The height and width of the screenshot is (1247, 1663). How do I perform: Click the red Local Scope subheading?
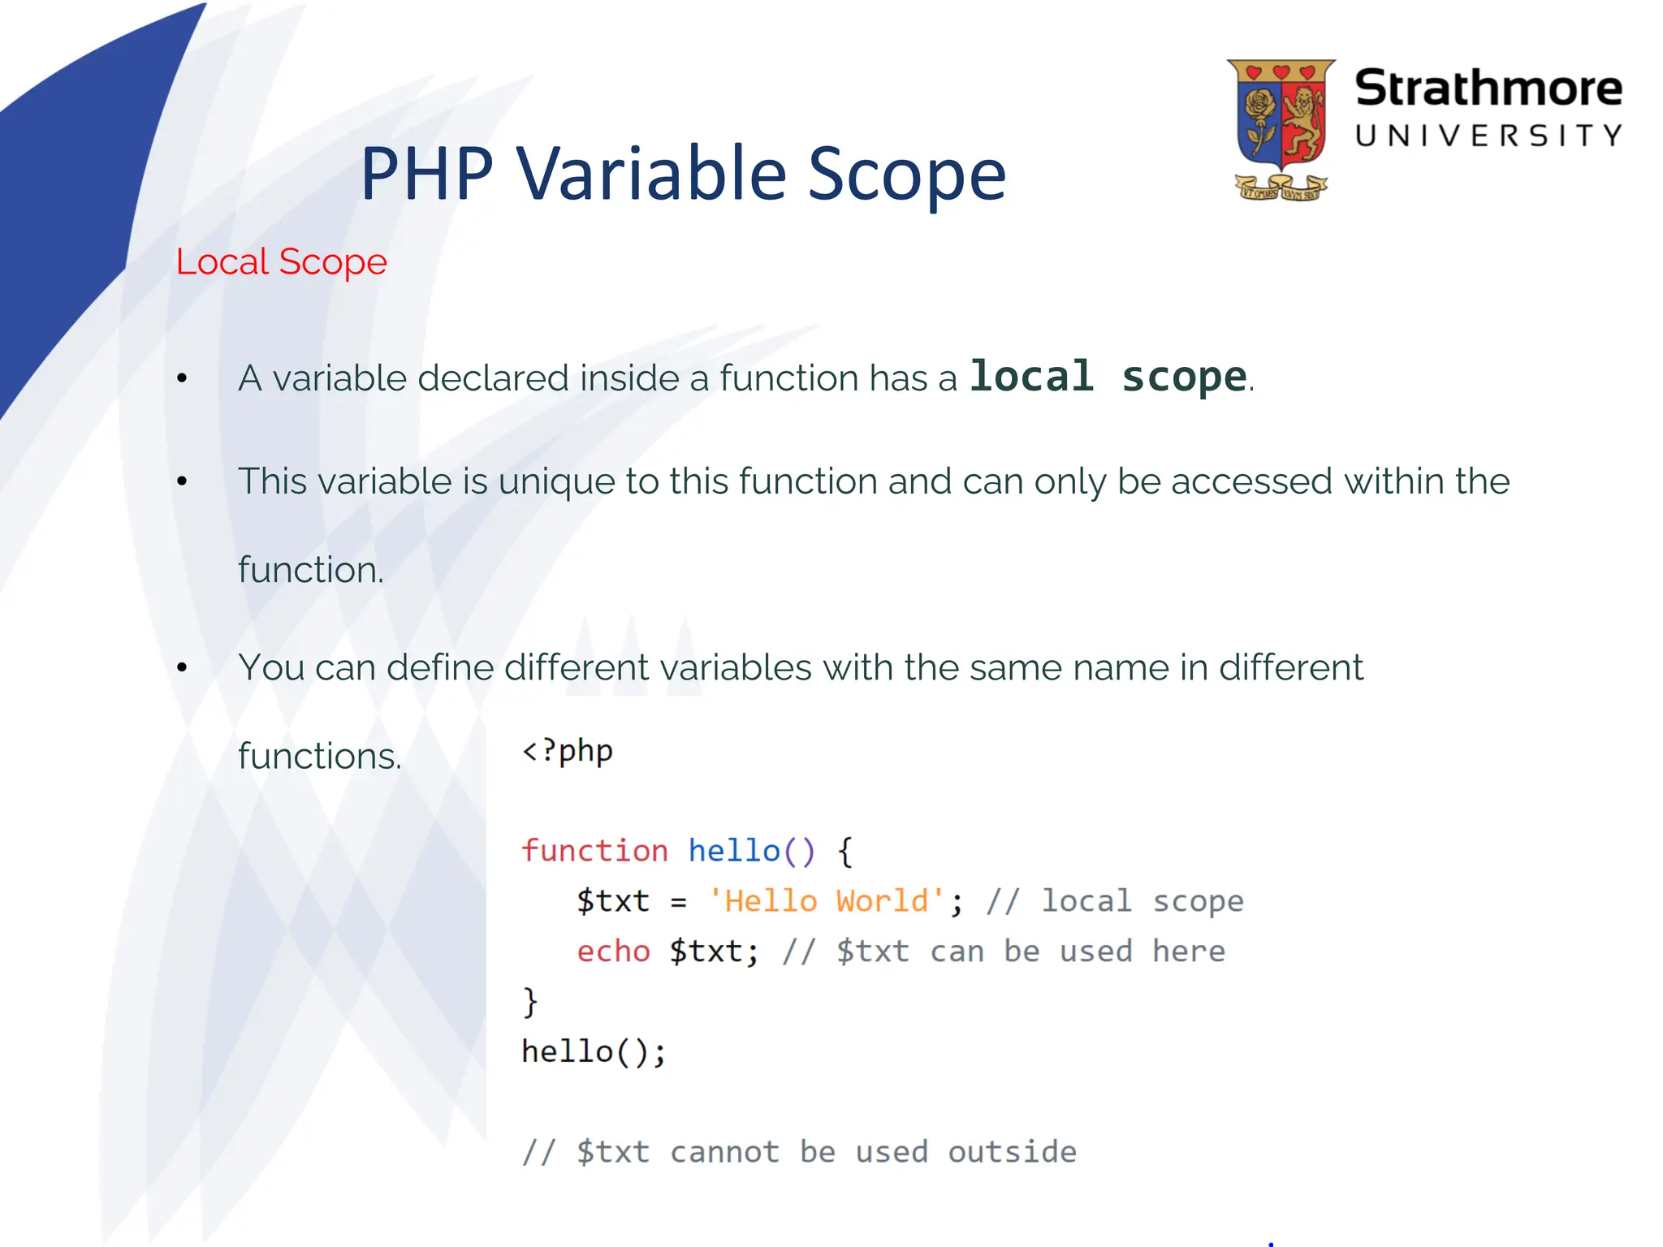click(x=281, y=262)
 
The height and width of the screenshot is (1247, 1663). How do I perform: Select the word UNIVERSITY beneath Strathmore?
click(x=1488, y=136)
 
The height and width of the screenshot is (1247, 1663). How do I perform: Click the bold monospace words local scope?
click(x=1108, y=377)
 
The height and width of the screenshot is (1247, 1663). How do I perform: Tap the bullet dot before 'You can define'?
click(x=182, y=667)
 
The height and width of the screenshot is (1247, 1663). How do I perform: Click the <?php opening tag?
click(x=567, y=751)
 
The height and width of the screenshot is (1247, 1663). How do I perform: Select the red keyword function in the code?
click(x=594, y=851)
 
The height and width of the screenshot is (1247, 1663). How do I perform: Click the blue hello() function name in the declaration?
click(x=750, y=851)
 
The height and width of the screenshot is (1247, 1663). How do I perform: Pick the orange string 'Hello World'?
click(x=826, y=901)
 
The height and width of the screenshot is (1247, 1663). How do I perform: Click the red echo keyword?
click(x=613, y=951)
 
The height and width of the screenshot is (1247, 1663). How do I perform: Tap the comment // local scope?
click(x=1114, y=901)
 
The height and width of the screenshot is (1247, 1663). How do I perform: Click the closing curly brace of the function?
click(x=530, y=1002)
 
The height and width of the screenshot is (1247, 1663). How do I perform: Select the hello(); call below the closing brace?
click(x=594, y=1052)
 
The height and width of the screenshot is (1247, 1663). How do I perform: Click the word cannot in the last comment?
click(x=724, y=1152)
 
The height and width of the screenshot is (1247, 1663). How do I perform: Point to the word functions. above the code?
click(x=319, y=757)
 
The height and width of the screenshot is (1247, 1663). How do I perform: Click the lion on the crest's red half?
click(x=1304, y=123)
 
